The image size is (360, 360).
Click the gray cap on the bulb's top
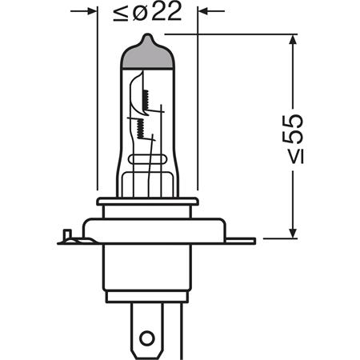tap(147, 55)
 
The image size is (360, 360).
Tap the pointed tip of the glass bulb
tap(147, 36)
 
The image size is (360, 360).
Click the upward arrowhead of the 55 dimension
tap(294, 42)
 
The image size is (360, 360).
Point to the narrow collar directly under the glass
tap(147, 201)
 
